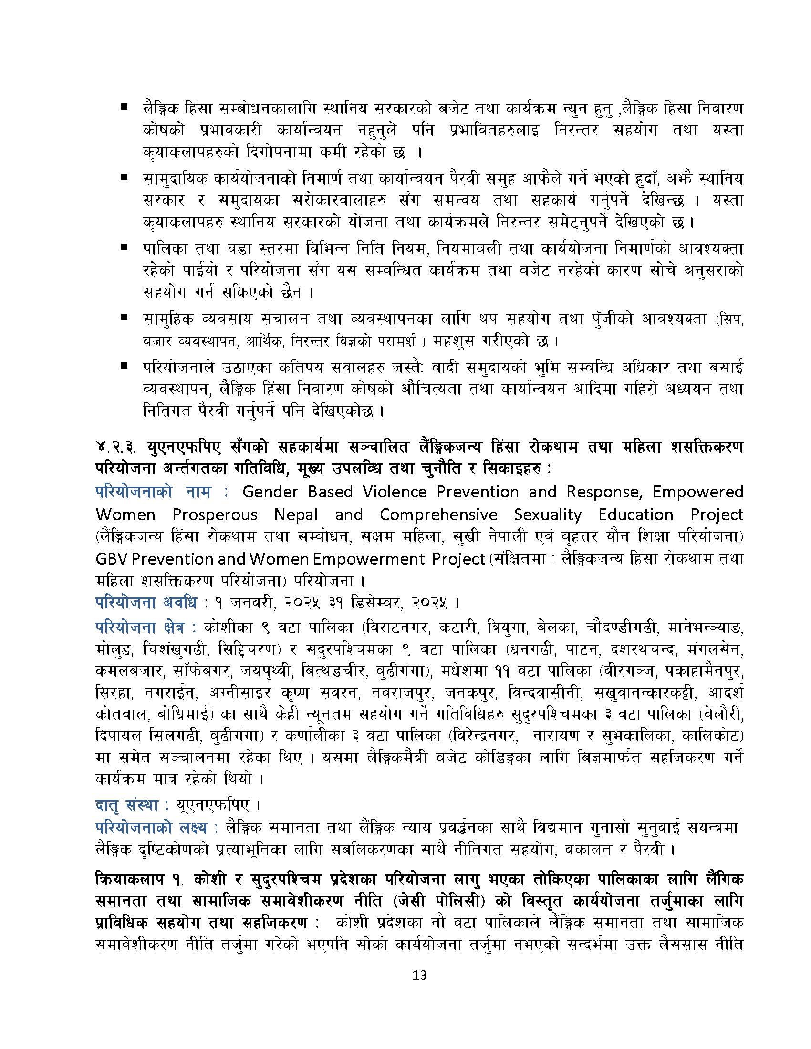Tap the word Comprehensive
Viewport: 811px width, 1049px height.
(438, 514)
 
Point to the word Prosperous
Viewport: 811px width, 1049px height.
(215, 514)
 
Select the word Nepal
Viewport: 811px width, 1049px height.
(296, 514)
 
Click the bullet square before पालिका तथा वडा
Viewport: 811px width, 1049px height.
(125, 247)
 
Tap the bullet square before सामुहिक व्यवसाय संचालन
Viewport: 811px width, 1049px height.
(125, 317)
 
